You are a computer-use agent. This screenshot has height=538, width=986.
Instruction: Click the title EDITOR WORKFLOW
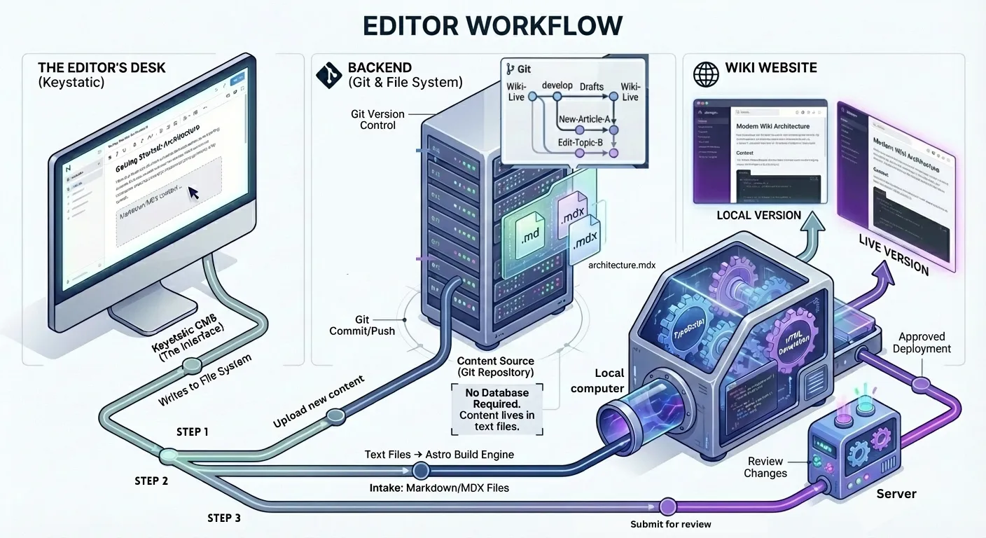(493, 26)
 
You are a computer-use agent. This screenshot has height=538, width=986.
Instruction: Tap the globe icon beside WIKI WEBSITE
(705, 74)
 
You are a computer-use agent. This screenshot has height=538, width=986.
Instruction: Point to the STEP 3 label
(224, 518)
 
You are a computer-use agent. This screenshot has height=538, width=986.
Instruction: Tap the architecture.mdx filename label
(622, 264)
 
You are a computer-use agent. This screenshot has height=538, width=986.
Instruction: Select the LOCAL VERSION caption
(758, 215)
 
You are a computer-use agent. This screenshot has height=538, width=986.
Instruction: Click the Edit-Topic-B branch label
(581, 143)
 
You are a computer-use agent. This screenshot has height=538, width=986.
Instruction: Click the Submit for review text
(670, 524)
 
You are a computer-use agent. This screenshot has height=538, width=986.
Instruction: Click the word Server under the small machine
(896, 494)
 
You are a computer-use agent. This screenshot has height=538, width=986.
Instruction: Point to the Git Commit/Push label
(361, 325)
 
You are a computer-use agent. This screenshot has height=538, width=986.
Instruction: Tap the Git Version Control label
(377, 119)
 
